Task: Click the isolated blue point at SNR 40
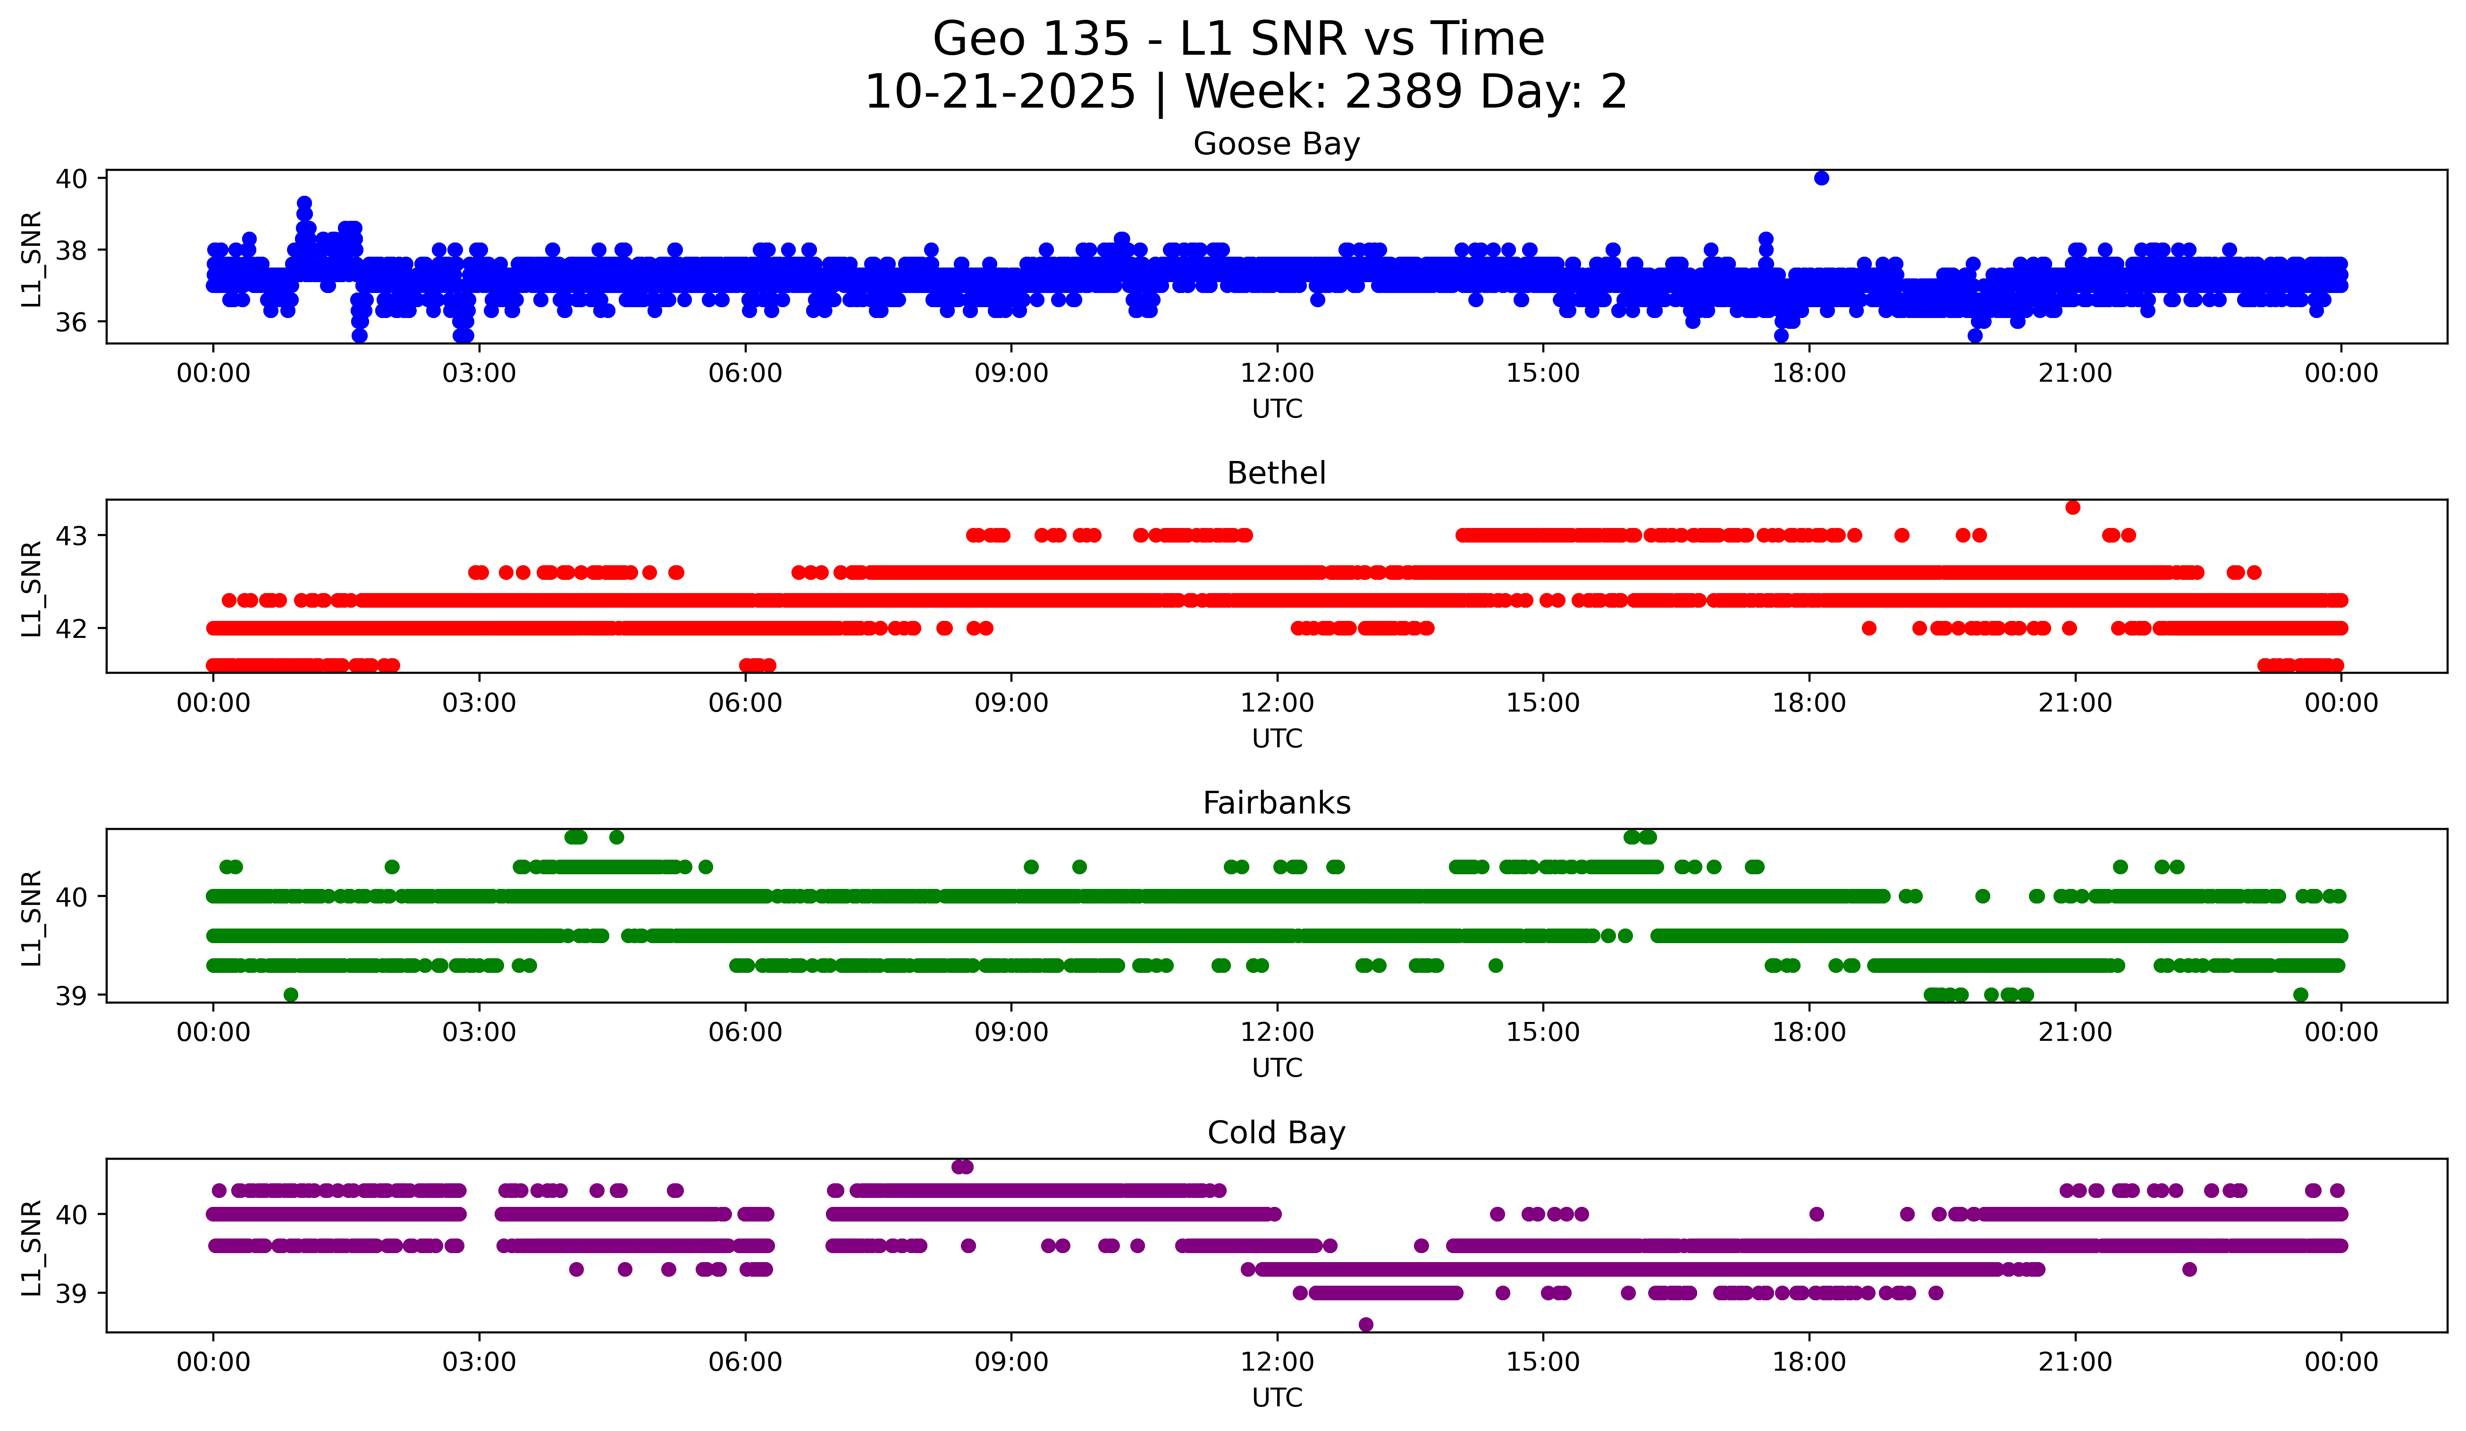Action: (1821, 178)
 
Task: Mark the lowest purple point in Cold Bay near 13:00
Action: (1366, 1324)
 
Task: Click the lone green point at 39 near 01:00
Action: (291, 995)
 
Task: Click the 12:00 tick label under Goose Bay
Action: (1277, 374)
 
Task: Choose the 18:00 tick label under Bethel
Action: (1810, 703)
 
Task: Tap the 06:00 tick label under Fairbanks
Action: (746, 1033)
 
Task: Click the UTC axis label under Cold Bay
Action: (1277, 1398)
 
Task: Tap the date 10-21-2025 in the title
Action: (1000, 92)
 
